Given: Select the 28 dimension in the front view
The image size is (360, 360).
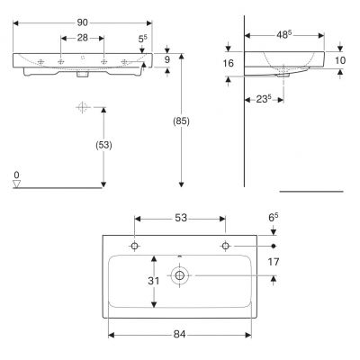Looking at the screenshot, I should [82, 40].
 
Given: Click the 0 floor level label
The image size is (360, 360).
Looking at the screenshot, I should [16, 174].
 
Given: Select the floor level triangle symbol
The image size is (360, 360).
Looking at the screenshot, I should [16, 184].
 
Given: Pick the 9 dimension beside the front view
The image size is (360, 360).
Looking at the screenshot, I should [168, 60].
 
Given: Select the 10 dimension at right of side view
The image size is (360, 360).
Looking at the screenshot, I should [340, 60].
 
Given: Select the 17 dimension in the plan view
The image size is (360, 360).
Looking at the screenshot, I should [274, 262].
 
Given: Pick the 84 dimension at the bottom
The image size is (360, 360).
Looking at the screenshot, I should [180, 335].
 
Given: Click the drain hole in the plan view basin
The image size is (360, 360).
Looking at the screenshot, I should [180, 275].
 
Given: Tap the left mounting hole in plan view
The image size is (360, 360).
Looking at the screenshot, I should [135, 246].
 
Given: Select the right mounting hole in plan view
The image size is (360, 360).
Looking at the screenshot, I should [225, 246].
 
